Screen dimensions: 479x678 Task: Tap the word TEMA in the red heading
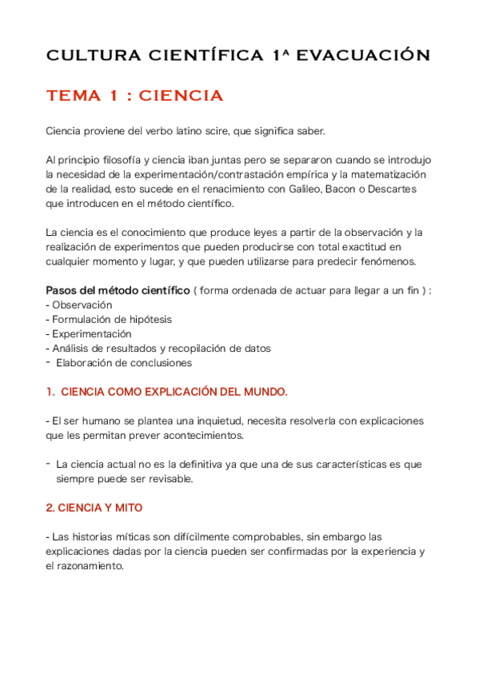[x=74, y=97]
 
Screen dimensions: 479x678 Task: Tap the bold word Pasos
[x=62, y=290]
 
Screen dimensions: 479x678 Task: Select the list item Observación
[x=82, y=305]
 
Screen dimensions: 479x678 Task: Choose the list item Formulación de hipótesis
[x=111, y=319]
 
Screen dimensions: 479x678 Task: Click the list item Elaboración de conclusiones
[x=124, y=362]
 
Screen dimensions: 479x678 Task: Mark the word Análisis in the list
[x=72, y=348]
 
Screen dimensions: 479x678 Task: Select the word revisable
[x=168, y=479]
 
